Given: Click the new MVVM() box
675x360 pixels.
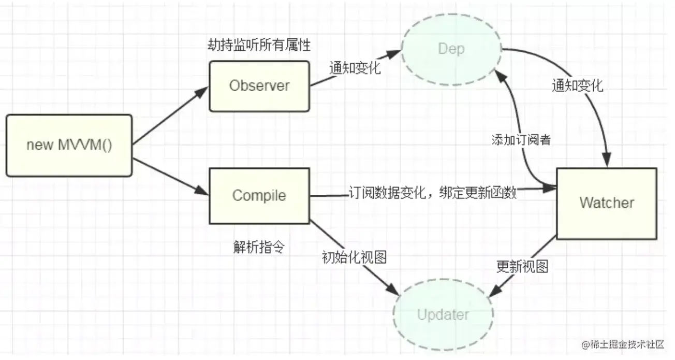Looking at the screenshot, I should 69,146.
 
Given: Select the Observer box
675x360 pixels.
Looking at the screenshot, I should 259,86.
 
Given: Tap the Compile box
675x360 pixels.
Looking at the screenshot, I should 259,196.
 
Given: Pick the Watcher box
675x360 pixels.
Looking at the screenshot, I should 606,203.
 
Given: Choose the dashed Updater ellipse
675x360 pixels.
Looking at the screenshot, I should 443,315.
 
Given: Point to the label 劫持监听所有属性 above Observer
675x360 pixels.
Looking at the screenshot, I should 259,46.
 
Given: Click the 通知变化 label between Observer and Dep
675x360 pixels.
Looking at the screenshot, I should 355,68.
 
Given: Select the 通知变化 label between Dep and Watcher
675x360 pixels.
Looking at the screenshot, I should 577,85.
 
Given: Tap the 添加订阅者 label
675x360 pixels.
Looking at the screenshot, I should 521,140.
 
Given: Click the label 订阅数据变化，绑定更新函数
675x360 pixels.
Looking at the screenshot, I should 433,193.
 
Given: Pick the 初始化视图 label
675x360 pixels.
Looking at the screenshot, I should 354,257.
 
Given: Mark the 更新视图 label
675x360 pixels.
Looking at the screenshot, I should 522,267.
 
